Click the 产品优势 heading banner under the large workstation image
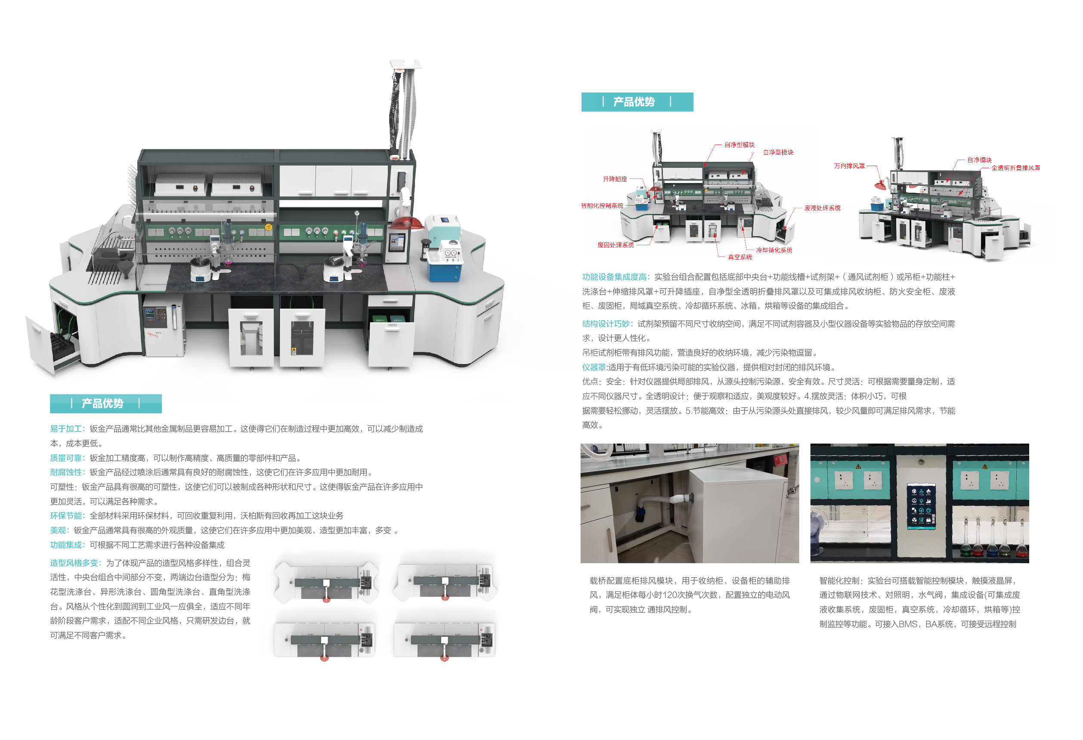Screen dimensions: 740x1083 click(106, 403)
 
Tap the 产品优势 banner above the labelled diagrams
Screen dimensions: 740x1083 click(637, 102)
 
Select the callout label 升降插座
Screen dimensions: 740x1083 click(615, 179)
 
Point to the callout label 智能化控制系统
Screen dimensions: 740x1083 click(602, 205)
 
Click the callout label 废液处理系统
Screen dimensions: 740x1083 click(822, 208)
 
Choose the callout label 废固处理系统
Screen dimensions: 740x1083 click(615, 245)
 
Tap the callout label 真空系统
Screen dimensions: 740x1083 click(740, 257)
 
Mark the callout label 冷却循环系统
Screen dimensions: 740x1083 click(774, 250)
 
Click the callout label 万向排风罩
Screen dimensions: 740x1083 click(849, 166)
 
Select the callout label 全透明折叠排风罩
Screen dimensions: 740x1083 click(1015, 168)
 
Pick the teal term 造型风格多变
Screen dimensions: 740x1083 click(74, 563)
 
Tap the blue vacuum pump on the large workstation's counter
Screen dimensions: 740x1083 click(444, 263)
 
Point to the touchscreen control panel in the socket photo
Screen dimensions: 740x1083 click(921, 506)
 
